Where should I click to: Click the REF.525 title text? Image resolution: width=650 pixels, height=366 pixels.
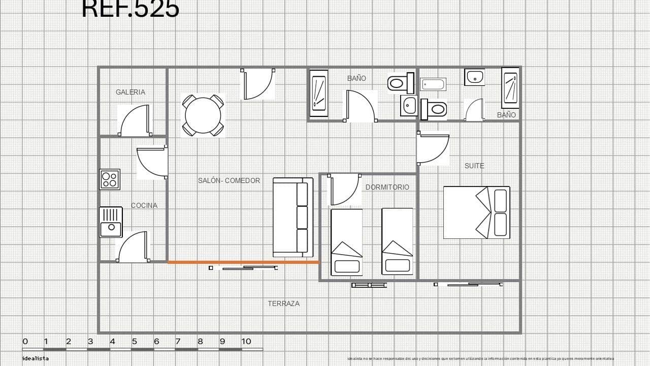[131, 9]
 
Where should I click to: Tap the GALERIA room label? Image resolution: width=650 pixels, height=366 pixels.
[131, 92]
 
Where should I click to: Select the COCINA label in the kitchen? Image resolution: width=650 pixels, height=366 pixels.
[144, 205]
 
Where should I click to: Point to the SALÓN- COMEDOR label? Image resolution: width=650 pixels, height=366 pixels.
[229, 180]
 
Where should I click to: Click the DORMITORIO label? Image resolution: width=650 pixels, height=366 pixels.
[387, 187]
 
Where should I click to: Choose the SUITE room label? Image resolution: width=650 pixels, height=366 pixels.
[474, 166]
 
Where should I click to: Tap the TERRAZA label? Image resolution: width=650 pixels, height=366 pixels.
[283, 303]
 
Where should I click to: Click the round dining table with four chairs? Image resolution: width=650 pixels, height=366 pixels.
[203, 115]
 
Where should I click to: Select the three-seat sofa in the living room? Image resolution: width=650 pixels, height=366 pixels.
[293, 217]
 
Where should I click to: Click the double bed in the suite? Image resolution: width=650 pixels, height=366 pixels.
[476, 212]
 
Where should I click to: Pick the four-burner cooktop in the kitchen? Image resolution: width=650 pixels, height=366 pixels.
[110, 179]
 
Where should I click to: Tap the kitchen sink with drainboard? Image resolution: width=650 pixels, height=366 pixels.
[111, 222]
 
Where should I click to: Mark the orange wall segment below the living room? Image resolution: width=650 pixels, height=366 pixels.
[244, 262]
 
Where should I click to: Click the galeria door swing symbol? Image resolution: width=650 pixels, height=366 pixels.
[135, 120]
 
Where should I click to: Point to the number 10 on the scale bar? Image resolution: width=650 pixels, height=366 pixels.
[246, 341]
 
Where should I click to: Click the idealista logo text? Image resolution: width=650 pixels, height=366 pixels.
[36, 358]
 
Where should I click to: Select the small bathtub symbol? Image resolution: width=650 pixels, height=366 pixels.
[433, 84]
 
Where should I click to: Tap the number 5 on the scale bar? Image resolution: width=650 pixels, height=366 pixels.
[135, 341]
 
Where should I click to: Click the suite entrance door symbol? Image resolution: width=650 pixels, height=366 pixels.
[433, 148]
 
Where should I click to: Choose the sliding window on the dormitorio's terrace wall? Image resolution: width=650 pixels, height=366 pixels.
[369, 285]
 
